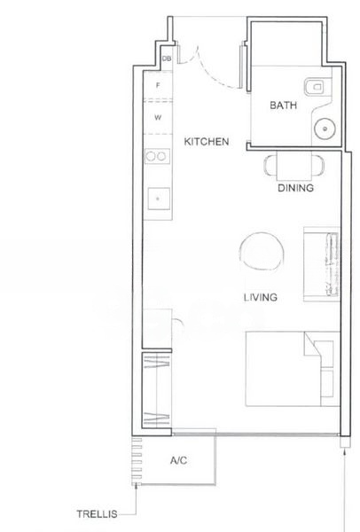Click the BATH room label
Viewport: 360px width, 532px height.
click(x=283, y=105)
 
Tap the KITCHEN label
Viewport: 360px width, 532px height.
click(x=207, y=142)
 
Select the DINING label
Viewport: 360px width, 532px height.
click(x=293, y=188)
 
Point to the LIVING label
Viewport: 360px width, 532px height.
click(x=261, y=297)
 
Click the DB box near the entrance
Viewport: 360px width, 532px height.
click(x=167, y=59)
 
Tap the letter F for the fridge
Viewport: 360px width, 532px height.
click(x=158, y=86)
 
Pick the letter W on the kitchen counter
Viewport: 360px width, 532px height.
click(x=158, y=117)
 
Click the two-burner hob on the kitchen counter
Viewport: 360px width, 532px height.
click(x=157, y=157)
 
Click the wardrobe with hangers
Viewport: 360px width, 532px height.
click(x=156, y=391)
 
